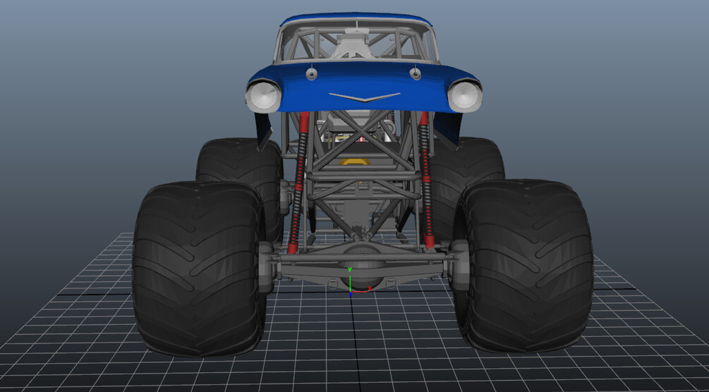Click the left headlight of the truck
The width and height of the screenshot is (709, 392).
click(x=263, y=97)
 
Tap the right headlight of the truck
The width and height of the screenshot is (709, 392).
click(x=464, y=96)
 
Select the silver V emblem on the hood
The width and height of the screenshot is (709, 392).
click(x=365, y=97)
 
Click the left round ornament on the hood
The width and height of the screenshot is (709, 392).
click(x=311, y=73)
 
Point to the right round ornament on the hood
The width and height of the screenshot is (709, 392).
click(x=415, y=73)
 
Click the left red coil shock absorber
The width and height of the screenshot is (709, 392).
click(x=299, y=182)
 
